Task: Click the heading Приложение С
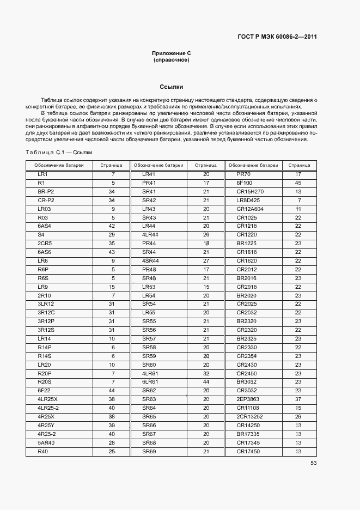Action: [x=171, y=53]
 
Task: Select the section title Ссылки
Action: [x=171, y=87]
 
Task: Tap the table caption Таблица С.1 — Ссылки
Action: [x=59, y=153]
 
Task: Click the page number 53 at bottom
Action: [x=313, y=463]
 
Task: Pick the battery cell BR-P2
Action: [x=46, y=192]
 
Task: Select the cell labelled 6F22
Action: [x=44, y=391]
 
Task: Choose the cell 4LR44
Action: [x=150, y=234]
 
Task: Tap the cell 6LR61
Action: [x=150, y=382]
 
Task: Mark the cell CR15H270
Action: [x=250, y=192]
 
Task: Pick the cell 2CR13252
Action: [x=250, y=417]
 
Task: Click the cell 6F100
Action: [x=245, y=183]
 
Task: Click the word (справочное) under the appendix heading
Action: [x=171, y=60]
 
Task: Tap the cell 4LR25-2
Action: [x=48, y=408]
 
